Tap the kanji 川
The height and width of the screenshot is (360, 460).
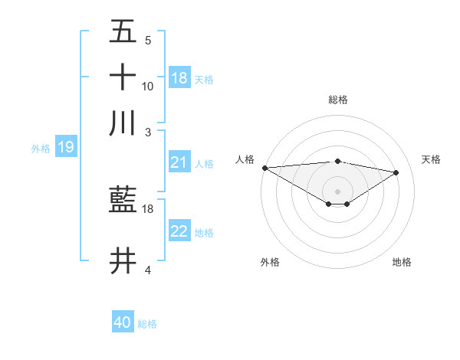(x=123, y=123)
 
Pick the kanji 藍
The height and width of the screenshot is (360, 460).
(x=123, y=201)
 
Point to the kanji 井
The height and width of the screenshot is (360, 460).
(x=123, y=261)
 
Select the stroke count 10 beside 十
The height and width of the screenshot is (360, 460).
(x=148, y=86)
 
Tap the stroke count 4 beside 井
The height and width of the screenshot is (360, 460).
(x=148, y=270)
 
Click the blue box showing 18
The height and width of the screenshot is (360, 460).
(x=179, y=77)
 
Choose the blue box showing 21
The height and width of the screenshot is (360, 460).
(x=179, y=162)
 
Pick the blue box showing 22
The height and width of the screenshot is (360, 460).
(x=179, y=231)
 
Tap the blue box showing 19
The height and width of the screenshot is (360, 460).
(x=66, y=147)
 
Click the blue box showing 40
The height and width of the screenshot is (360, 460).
(x=123, y=322)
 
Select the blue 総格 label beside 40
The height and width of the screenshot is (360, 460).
(x=147, y=324)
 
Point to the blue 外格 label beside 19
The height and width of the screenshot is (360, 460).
(x=41, y=149)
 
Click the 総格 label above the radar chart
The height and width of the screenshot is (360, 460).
(x=337, y=100)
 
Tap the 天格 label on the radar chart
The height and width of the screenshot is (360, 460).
(x=431, y=159)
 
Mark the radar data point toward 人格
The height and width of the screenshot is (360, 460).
(x=264, y=168)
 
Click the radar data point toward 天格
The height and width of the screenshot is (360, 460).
(x=396, y=172)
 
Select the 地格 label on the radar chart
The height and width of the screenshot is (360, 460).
(x=402, y=263)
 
